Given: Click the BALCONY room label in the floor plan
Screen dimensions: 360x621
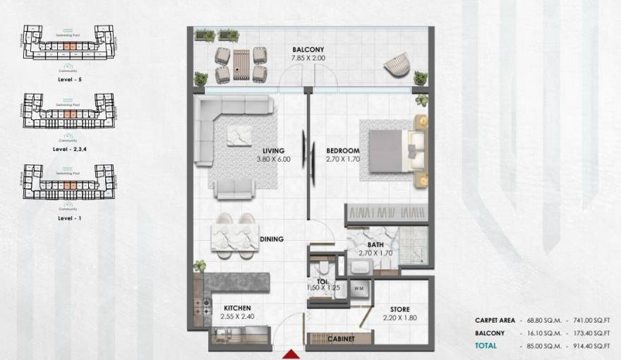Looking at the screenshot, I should pyautogui.click(x=308, y=49).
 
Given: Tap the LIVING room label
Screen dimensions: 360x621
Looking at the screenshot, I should pyautogui.click(x=272, y=150).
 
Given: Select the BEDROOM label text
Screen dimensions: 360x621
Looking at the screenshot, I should pyautogui.click(x=343, y=150).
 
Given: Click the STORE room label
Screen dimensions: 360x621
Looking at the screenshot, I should pyautogui.click(x=401, y=309).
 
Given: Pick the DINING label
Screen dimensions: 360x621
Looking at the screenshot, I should pyautogui.click(x=272, y=239).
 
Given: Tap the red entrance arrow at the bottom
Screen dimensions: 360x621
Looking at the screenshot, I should pyautogui.click(x=290, y=354).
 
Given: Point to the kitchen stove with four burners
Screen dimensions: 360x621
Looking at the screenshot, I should pyautogui.click(x=198, y=307).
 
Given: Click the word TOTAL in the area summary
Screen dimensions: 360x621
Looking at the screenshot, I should pyautogui.click(x=486, y=346).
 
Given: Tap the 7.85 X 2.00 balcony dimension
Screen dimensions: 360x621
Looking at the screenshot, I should pyautogui.click(x=308, y=58).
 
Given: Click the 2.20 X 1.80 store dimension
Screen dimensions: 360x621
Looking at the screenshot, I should pyautogui.click(x=401, y=318).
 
